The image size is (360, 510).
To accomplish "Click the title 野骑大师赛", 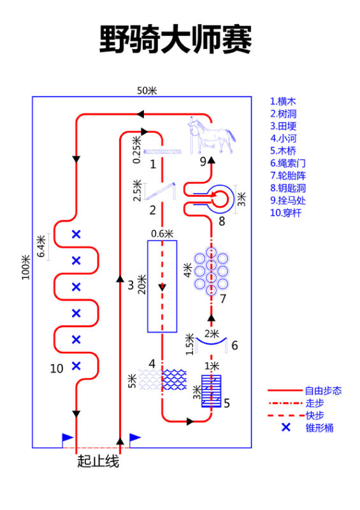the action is pyautogui.click(x=175, y=40).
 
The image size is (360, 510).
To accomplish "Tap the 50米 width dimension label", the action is pyautogui.click(x=147, y=91).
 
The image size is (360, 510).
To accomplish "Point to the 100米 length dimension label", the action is pyautogui.click(x=25, y=267).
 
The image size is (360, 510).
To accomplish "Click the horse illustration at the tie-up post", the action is pyautogui.click(x=212, y=135).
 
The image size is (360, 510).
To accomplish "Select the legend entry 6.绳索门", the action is pyautogui.click(x=288, y=163).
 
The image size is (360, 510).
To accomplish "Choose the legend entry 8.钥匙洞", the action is pyautogui.click(x=288, y=188).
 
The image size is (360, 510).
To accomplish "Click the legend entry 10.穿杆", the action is pyautogui.click(x=286, y=213).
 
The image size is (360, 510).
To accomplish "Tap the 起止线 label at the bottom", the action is pyautogui.click(x=98, y=461).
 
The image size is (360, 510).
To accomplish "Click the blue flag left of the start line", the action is pyautogui.click(x=68, y=439).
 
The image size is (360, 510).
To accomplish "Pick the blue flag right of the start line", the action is pyautogui.click(x=135, y=439).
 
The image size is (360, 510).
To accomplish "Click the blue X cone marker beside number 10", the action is pyautogui.click(x=76, y=366).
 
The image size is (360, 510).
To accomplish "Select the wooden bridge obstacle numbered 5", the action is pyautogui.click(x=211, y=391).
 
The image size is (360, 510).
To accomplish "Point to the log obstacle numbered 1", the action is pyautogui.click(x=162, y=152).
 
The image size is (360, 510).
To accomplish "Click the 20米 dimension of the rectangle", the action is pyautogui.click(x=142, y=284).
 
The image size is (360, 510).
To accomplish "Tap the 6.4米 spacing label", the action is pyautogui.click(x=41, y=246).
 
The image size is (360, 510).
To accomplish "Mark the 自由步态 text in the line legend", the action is pyautogui.click(x=323, y=391).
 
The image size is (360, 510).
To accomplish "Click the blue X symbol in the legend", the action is pyautogui.click(x=286, y=427).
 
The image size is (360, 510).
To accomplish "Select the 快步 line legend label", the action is pyautogui.click(x=315, y=416).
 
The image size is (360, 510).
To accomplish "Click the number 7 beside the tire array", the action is pyautogui.click(x=223, y=298).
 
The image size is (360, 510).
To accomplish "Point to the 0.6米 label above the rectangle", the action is pyautogui.click(x=162, y=233).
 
